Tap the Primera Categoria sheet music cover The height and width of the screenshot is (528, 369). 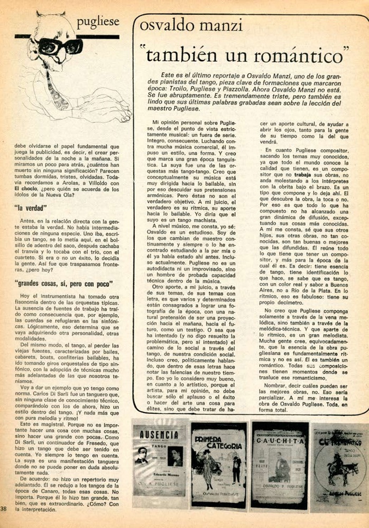pos(218,463)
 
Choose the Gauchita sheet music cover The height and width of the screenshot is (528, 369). pos(279,463)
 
